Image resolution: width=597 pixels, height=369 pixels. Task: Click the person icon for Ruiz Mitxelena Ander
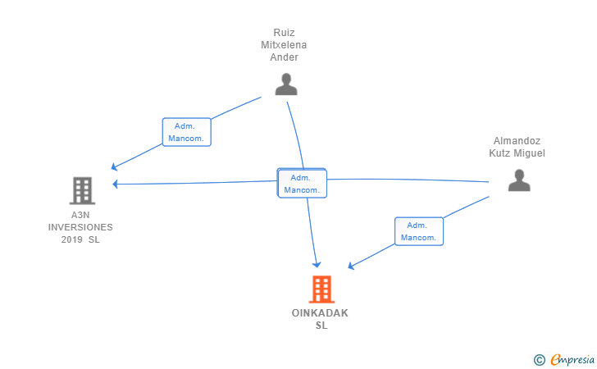286,84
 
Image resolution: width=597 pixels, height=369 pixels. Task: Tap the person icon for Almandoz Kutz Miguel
519,180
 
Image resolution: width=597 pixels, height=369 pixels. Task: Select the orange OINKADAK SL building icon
321,289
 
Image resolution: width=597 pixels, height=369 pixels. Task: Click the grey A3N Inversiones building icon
82,190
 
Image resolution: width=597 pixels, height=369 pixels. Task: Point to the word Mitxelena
284,45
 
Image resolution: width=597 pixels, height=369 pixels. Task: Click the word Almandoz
517,141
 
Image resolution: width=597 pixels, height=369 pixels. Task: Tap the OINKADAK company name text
320,313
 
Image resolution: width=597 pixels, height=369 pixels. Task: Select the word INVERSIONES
80,227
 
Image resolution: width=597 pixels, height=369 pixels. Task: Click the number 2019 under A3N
71,239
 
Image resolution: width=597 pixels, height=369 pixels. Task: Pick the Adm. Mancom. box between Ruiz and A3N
187,132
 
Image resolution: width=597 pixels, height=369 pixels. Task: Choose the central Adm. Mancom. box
302,183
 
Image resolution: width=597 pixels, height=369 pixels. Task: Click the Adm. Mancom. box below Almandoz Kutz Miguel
419,231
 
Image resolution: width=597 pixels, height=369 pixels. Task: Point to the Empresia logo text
572,359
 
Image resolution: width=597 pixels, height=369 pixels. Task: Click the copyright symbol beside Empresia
539,360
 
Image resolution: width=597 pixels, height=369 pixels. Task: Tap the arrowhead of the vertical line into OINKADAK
317,265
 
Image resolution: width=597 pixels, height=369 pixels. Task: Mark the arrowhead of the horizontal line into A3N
116,184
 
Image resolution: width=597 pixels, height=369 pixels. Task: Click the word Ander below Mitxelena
284,57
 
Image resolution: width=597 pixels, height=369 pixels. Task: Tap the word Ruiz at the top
284,33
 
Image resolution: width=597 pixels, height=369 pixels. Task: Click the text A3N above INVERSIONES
80,215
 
